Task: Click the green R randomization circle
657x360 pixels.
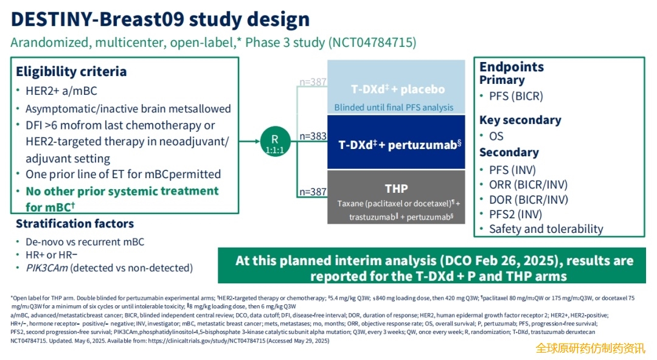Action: click(275, 142)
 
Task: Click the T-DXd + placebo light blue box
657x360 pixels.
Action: click(396, 87)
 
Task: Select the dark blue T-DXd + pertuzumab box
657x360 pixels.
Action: click(396, 142)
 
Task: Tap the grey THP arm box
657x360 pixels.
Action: click(396, 197)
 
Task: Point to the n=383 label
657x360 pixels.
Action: click(313, 136)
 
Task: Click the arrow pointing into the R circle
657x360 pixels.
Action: click(249, 142)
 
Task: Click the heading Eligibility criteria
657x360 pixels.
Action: click(71, 72)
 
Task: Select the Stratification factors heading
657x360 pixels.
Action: click(75, 224)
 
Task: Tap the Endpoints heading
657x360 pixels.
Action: click(512, 67)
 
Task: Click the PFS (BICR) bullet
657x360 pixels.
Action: click(516, 96)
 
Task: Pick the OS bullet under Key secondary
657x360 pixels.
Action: click(496, 136)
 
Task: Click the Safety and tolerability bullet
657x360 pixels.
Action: click(546, 229)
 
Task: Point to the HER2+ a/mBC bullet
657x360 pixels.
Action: click(61, 91)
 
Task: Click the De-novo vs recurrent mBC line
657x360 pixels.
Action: click(85, 242)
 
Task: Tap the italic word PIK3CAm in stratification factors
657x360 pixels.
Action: click(46, 268)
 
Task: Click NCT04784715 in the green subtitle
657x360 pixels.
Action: click(372, 43)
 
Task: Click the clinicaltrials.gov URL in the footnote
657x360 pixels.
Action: click(207, 341)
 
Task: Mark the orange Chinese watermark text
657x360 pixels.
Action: click(590, 348)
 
